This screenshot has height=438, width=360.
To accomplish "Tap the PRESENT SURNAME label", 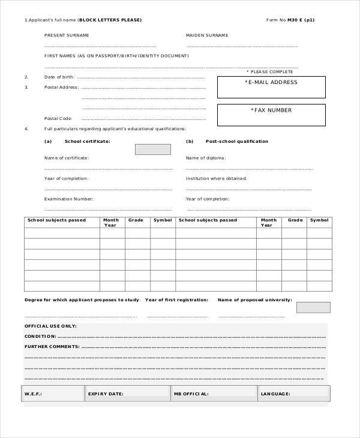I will pyautogui.click(x=67, y=35).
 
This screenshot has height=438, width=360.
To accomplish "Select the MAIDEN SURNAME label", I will pyautogui.click(x=207, y=35).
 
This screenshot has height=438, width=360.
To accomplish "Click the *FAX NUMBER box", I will pyautogui.click(x=271, y=115).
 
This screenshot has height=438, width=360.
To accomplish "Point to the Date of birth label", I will pyautogui.click(x=59, y=77).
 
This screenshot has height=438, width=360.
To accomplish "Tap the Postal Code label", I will pyautogui.click(x=58, y=118).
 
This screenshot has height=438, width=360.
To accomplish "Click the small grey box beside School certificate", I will pyautogui.click(x=152, y=149).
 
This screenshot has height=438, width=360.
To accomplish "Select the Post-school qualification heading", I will pyautogui.click(x=236, y=142).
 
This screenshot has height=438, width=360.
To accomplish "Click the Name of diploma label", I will pyautogui.click(x=205, y=158).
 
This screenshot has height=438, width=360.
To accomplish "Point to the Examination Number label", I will pyautogui.click(x=68, y=198).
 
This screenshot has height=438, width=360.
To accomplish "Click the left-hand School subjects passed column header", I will pyautogui.click(x=57, y=220).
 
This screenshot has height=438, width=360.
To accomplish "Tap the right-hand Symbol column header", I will pyautogui.click(x=319, y=220).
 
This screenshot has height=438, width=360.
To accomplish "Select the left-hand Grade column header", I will pyautogui.click(x=136, y=220).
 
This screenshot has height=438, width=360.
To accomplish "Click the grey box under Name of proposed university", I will pyautogui.click(x=313, y=307).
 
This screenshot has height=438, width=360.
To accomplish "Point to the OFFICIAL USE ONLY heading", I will pyautogui.click(x=50, y=326).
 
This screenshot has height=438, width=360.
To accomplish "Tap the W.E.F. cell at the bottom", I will pyautogui.click(x=53, y=394).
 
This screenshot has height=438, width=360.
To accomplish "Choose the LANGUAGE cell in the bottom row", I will pyautogui.click(x=294, y=394).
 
